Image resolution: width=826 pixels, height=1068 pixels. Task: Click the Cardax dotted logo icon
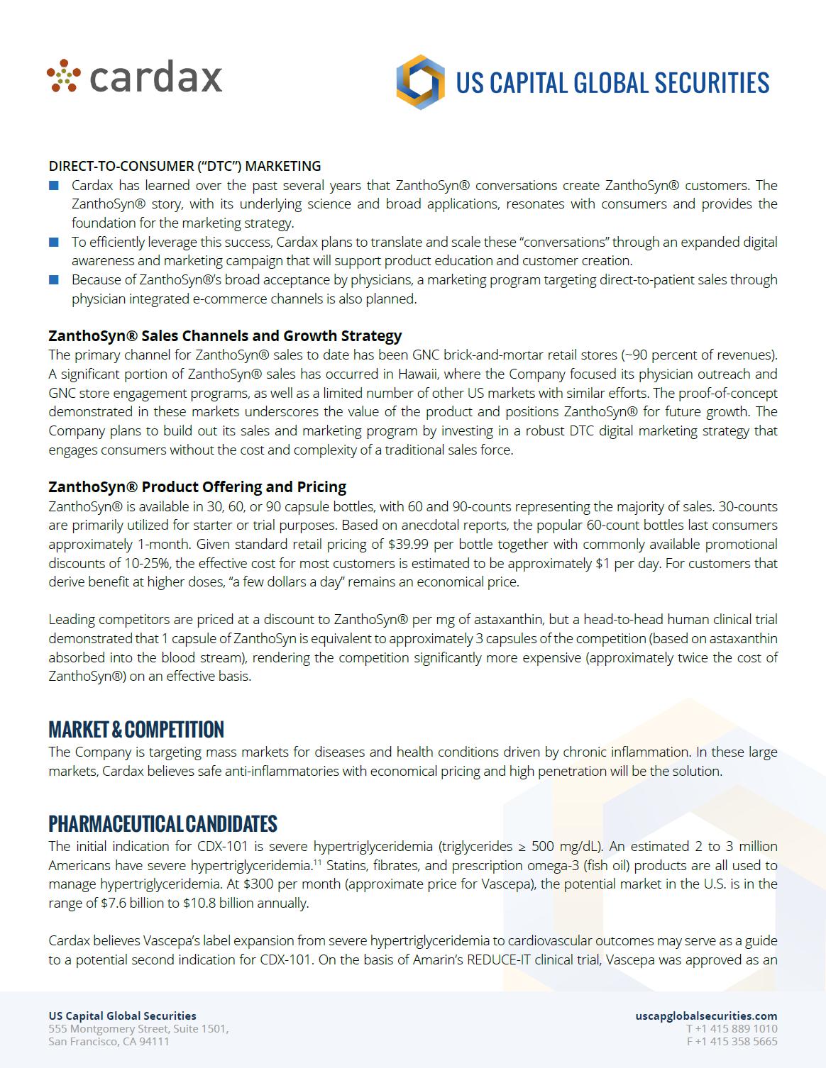pyautogui.click(x=65, y=77)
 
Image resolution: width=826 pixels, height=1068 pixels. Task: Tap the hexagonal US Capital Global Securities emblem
pyautogui.click(x=420, y=82)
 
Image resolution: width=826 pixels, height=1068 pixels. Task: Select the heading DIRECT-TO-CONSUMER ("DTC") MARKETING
pyautogui.click(x=185, y=166)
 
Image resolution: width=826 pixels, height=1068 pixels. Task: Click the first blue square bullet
pyautogui.click(x=54, y=186)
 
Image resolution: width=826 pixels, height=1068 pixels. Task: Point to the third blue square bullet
pyautogui.click(x=54, y=280)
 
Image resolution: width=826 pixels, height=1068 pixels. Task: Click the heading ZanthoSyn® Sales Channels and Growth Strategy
pyautogui.click(x=225, y=335)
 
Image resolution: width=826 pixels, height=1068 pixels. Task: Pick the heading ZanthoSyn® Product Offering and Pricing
pyautogui.click(x=197, y=487)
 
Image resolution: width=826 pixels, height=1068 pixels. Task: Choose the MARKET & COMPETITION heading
pyautogui.click(x=136, y=730)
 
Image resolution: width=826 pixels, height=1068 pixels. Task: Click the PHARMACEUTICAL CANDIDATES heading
pyautogui.click(x=163, y=824)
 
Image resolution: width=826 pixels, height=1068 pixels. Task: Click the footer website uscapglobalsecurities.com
pyautogui.click(x=706, y=1016)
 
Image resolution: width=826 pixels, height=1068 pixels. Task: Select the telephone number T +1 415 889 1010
pyautogui.click(x=732, y=1029)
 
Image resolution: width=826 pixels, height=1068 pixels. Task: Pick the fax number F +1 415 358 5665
pyautogui.click(x=732, y=1042)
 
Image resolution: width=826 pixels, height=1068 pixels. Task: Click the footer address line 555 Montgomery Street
pyautogui.click(x=138, y=1029)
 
